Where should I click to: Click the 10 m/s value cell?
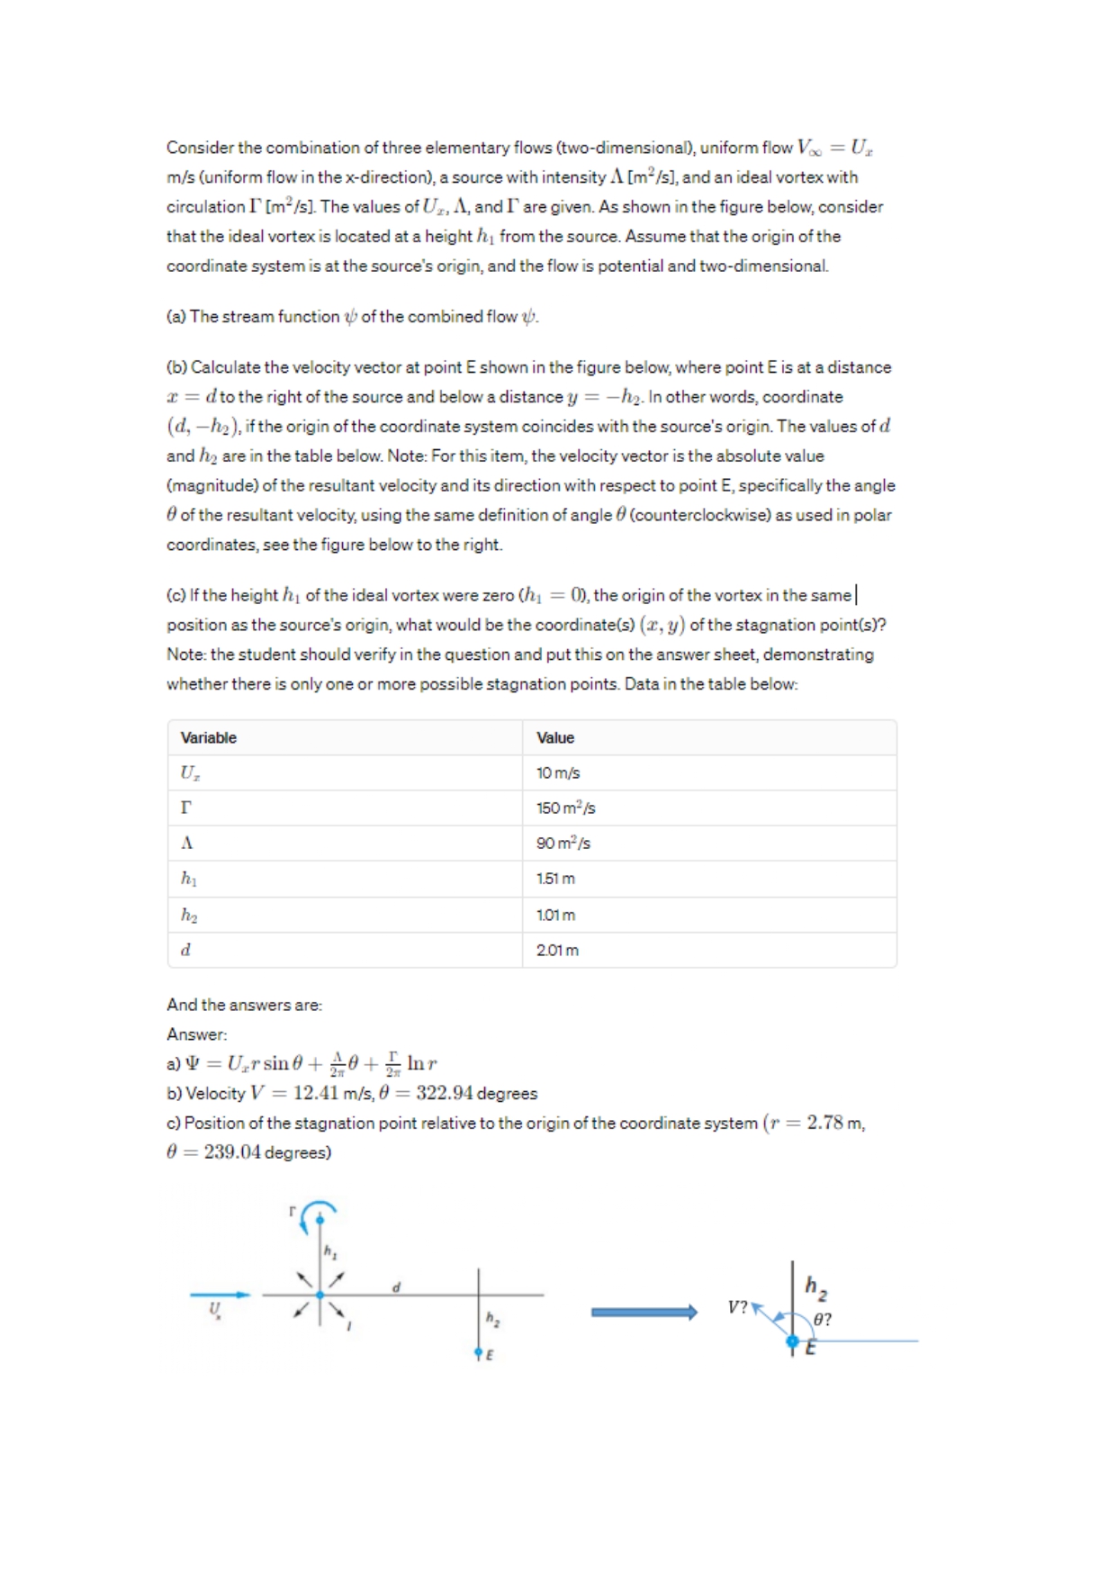558,772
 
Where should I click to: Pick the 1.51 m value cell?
555,878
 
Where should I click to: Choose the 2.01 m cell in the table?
557,950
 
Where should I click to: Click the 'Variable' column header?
208,737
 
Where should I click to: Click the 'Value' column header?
554,737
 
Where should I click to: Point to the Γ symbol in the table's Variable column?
186,808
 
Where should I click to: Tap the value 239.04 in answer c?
232,1152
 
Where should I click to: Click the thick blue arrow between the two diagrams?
644,1312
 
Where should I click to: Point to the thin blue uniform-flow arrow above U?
220,1295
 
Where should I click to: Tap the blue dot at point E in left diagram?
479,1352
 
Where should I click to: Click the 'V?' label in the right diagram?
737,1306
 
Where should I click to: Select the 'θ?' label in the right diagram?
822,1319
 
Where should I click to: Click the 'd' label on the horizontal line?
396,1287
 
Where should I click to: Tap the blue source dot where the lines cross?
320,1295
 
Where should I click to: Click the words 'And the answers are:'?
244,1005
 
